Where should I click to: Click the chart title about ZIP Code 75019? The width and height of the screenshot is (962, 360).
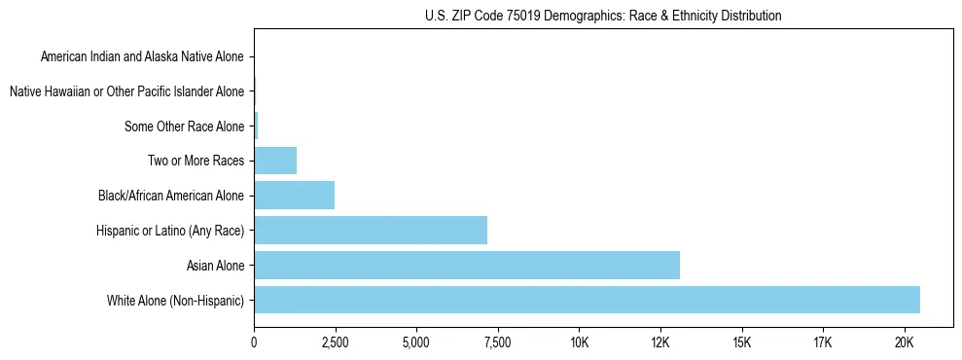[603, 16]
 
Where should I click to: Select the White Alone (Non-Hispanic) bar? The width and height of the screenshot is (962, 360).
[587, 300]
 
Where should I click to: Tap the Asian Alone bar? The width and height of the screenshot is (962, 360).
[467, 265]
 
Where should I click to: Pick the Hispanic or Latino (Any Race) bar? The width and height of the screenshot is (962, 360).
[371, 231]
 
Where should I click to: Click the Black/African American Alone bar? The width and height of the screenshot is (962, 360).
[295, 196]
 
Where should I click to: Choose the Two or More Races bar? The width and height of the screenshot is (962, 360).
[275, 161]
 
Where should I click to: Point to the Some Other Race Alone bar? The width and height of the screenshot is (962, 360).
[256, 126]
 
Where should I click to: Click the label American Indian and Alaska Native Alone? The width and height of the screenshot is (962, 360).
[142, 57]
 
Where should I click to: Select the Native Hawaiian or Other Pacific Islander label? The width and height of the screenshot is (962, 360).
[126, 92]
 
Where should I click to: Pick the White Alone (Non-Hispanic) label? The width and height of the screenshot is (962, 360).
[176, 300]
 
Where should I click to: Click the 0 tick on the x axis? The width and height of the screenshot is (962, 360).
[254, 342]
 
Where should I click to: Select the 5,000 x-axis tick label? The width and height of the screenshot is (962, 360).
[416, 342]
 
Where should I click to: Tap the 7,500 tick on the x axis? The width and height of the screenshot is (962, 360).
[498, 342]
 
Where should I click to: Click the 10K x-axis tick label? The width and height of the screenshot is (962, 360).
[580, 342]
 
